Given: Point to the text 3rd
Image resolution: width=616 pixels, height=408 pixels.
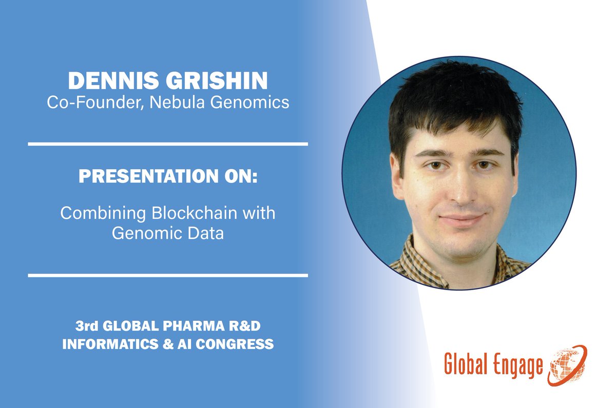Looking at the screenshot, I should click(x=85, y=326).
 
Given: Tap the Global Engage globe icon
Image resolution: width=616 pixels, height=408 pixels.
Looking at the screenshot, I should click(x=568, y=365).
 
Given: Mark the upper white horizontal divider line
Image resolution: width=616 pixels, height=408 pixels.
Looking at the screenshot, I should click(x=168, y=144).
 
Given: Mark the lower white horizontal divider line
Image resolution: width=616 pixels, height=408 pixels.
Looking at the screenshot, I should click(x=168, y=275).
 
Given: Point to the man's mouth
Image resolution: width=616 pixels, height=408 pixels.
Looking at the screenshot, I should click(x=461, y=218).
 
